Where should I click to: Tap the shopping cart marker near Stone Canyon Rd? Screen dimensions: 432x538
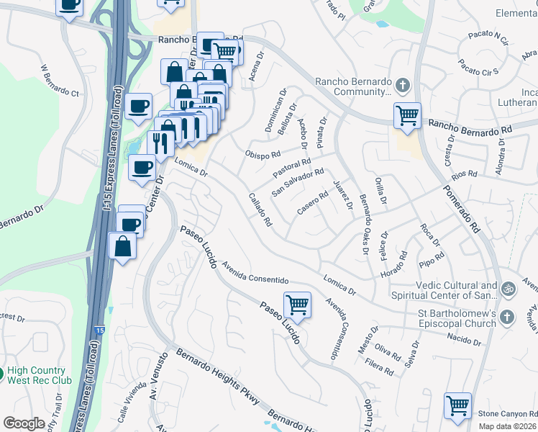pyautogui.click(x=457, y=405)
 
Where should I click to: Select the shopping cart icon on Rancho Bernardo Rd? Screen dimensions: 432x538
pyautogui.click(x=408, y=116)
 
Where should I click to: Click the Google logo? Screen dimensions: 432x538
pyautogui.click(x=24, y=423)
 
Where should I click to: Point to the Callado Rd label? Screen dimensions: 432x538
pyautogui.click(x=260, y=210)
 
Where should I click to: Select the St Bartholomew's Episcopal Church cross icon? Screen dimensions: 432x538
pyautogui.click(x=506, y=317)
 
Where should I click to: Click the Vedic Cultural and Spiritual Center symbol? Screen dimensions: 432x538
pyautogui.click(x=509, y=289)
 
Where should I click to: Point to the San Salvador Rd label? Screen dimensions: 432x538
pyautogui.click(x=298, y=182)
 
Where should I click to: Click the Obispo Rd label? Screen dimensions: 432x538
pyautogui.click(x=262, y=155)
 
